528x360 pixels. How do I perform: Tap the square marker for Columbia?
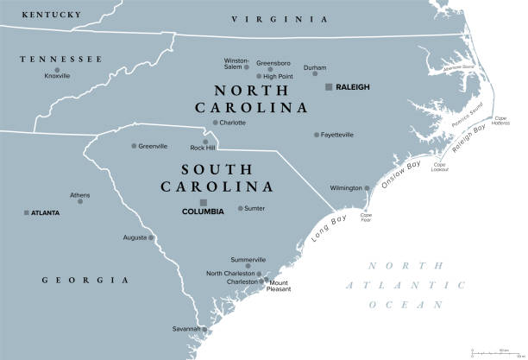coord(204,202)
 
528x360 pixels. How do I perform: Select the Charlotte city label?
coord(232,123)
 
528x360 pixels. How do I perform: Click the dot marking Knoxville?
coord(57,69)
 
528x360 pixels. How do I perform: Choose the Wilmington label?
coord(346,188)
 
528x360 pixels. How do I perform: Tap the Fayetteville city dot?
coord(317,135)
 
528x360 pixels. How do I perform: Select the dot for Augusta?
coord(150,237)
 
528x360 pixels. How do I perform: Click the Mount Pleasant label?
coord(279,287)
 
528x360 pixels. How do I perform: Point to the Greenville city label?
coord(153,146)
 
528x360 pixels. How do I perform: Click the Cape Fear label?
coord(366,218)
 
